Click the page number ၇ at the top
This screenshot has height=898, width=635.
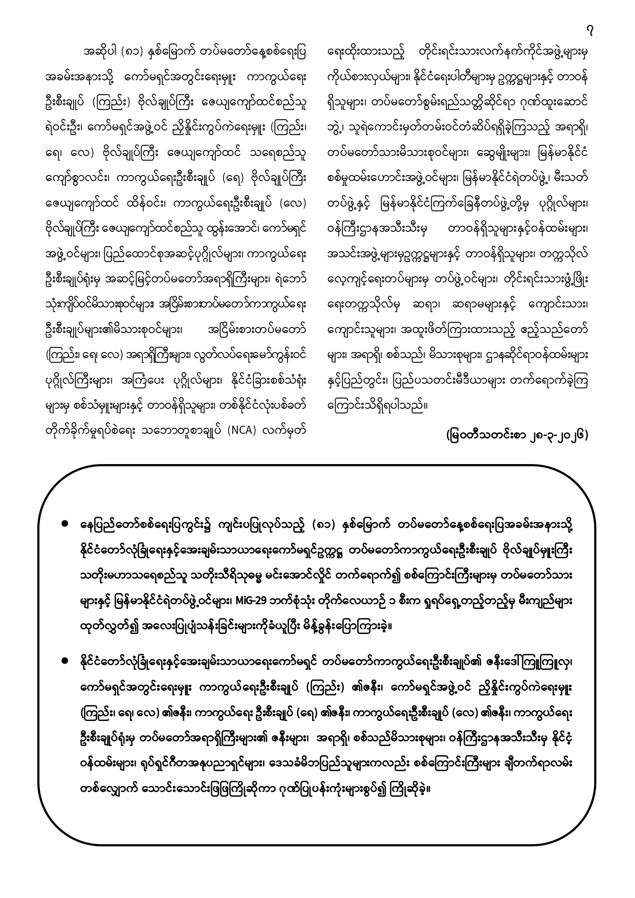(x=590, y=31)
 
